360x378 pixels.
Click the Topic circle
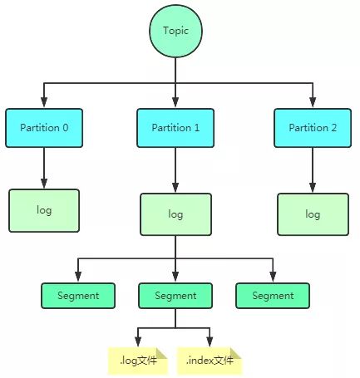[x=175, y=31]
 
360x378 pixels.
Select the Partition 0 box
[x=44, y=128]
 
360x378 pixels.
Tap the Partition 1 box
[x=175, y=128]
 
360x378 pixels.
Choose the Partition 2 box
[x=313, y=128]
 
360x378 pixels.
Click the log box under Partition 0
[x=44, y=210]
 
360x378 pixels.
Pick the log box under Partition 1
[x=175, y=214]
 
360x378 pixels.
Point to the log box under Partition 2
[x=313, y=214]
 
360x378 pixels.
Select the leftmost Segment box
[x=78, y=296]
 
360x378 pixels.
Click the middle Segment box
[x=175, y=296]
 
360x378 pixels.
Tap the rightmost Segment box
[x=273, y=296]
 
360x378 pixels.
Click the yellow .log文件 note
[x=138, y=361]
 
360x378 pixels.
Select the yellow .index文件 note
[x=210, y=361]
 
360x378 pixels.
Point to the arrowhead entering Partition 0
[x=44, y=102]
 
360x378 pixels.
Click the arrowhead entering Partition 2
[x=313, y=102]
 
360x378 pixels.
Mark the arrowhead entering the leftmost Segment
[x=78, y=277]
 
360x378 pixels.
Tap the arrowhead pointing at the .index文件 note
[x=210, y=341]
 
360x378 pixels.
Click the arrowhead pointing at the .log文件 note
[x=138, y=341]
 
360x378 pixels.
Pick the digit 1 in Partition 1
[x=196, y=128]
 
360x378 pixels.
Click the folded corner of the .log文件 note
[x=161, y=353]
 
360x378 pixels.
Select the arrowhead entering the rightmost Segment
[x=273, y=277]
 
